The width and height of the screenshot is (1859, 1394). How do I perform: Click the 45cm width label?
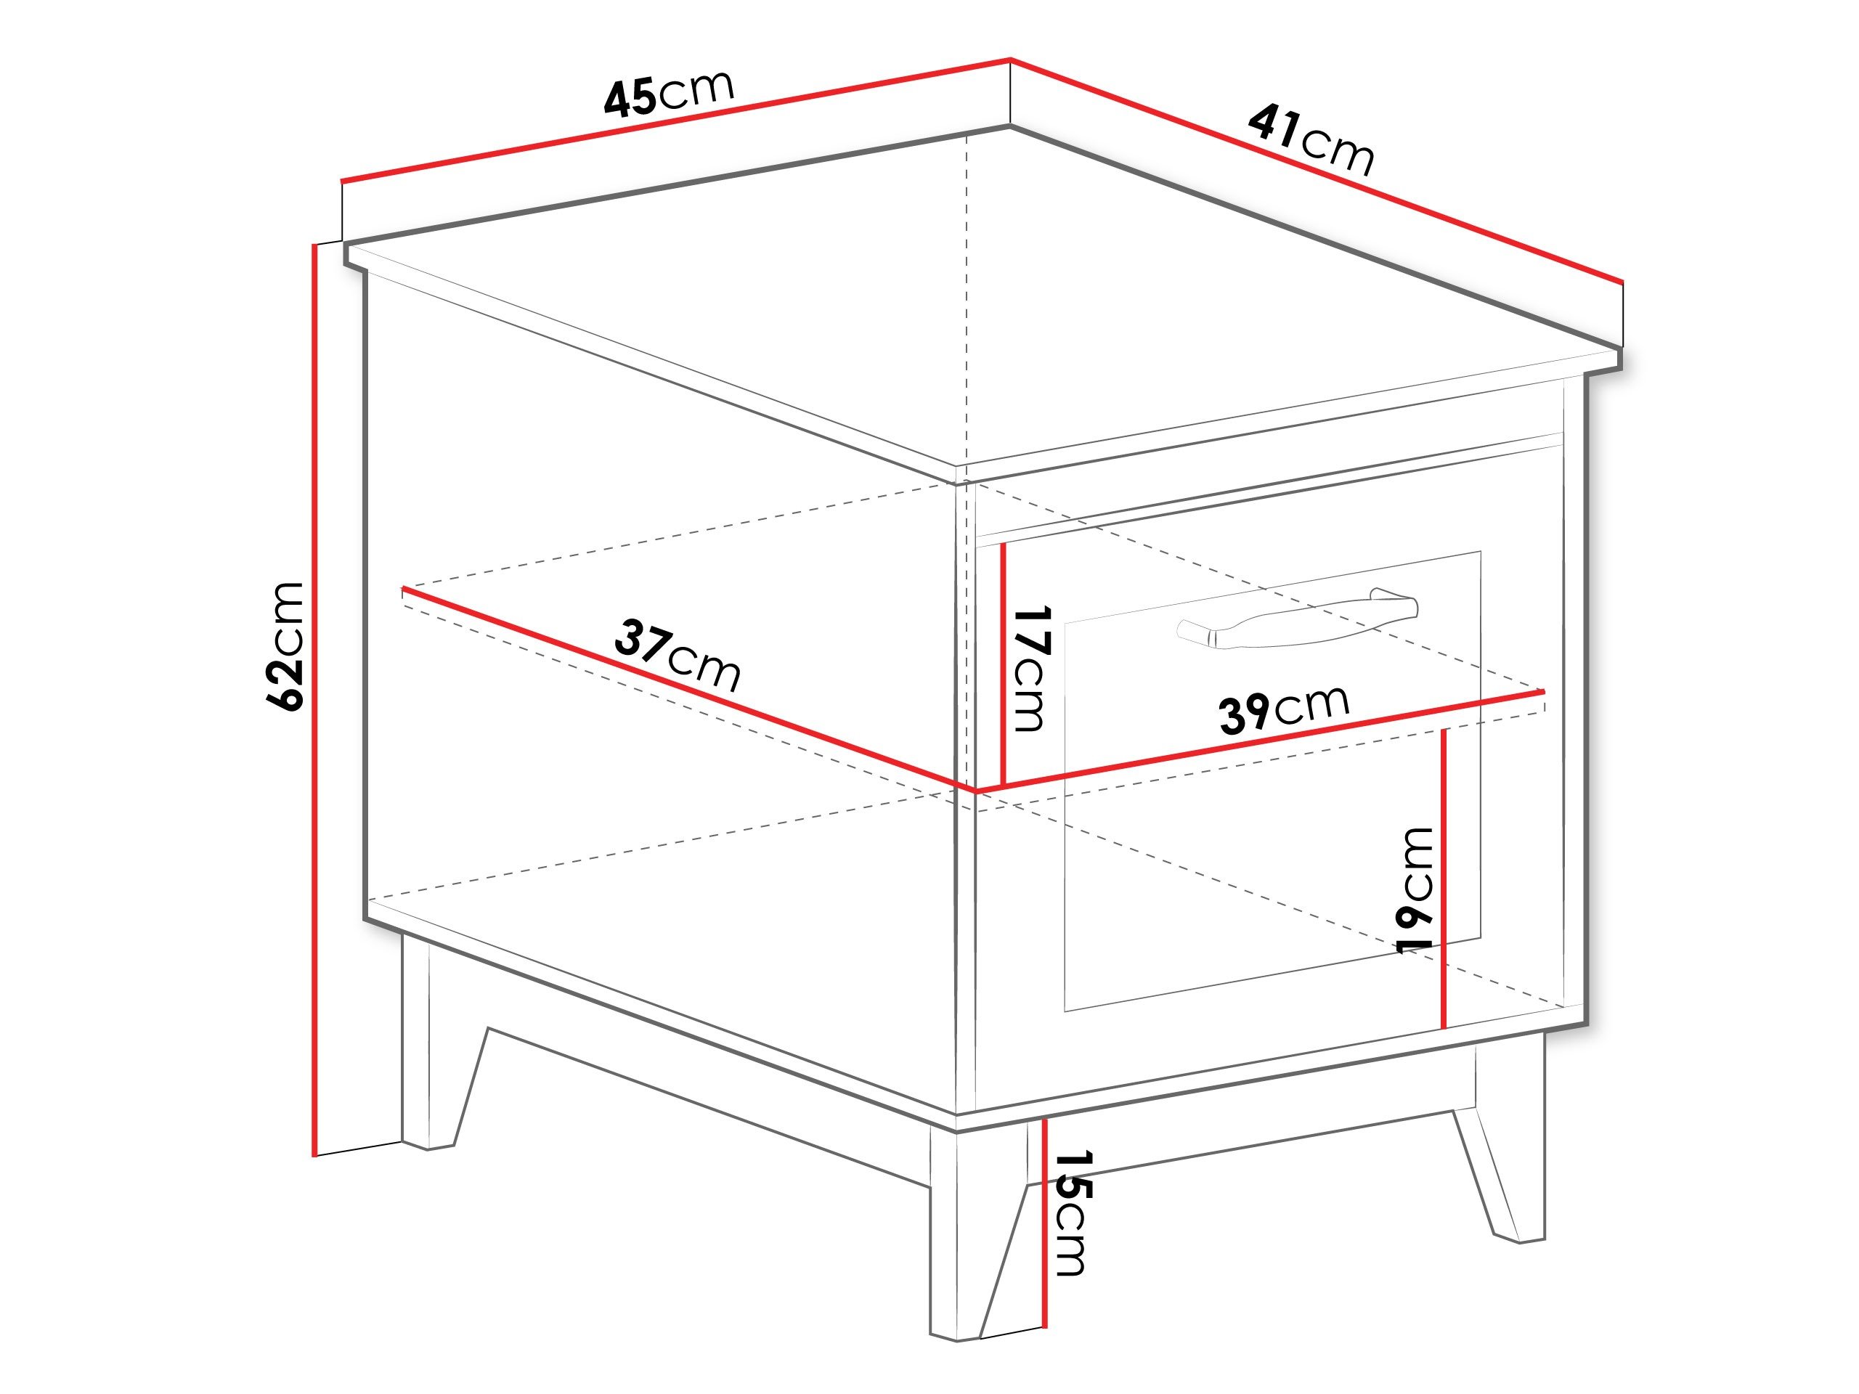(669, 92)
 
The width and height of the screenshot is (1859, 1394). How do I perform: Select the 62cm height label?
(283, 646)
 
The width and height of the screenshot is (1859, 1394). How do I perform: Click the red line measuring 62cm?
(314, 700)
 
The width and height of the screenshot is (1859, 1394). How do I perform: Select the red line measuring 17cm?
(1004, 666)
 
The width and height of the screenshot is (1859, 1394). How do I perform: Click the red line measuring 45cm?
(675, 120)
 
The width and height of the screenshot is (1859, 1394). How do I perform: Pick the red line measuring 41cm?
(1316, 169)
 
